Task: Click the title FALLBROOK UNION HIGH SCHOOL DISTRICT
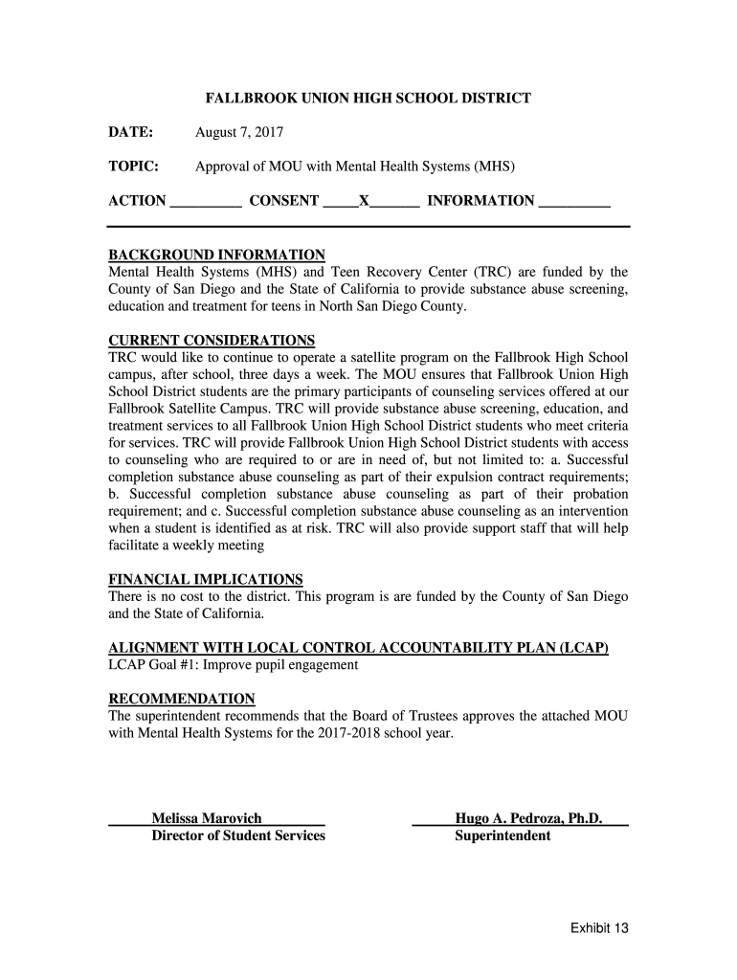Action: click(x=368, y=98)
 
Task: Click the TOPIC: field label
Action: click(x=133, y=166)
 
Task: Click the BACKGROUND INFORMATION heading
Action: click(x=216, y=255)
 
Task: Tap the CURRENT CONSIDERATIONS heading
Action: click(x=212, y=340)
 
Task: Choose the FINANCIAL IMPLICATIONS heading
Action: click(x=206, y=579)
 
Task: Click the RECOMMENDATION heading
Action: click(x=182, y=699)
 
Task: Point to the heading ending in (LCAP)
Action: click(x=359, y=648)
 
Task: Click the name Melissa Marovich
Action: click(x=207, y=818)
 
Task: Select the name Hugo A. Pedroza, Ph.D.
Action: click(x=528, y=818)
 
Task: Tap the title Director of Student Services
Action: click(x=238, y=835)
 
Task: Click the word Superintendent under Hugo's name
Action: click(x=502, y=835)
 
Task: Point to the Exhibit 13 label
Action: click(x=599, y=927)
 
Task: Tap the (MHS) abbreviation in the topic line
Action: click(x=494, y=166)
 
